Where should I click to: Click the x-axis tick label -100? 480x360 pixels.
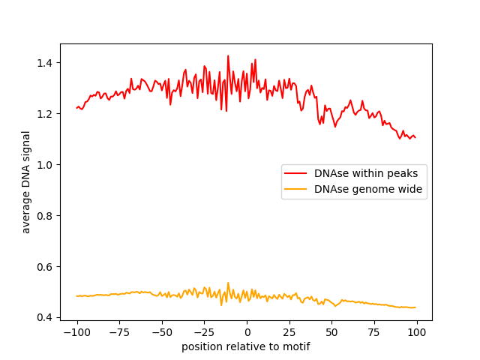coord(76,332)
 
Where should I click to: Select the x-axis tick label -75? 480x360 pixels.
coord(118,332)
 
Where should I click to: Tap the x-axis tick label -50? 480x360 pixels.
coord(161,332)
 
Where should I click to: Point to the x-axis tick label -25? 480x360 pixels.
coord(204,332)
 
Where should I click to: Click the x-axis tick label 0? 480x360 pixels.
coord(247,332)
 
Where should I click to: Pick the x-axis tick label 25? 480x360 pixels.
coord(289,332)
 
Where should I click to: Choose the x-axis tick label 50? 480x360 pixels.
coord(332,332)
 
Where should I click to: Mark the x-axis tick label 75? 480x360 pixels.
coord(375,332)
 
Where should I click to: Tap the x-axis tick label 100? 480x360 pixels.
coord(418,332)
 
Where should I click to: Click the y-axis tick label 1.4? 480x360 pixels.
coord(46,63)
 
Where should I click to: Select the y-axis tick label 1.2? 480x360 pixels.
coord(46,114)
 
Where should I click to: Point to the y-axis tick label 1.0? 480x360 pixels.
coord(46,165)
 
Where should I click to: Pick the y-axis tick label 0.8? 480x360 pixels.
coord(46,216)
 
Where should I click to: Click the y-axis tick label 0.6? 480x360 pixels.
coord(46,267)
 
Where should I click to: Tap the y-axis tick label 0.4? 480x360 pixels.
coord(46,318)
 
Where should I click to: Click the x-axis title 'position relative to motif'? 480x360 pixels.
coord(245,346)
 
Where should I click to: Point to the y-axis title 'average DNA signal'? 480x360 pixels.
coord(26,182)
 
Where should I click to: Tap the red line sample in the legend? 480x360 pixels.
coord(296,173)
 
